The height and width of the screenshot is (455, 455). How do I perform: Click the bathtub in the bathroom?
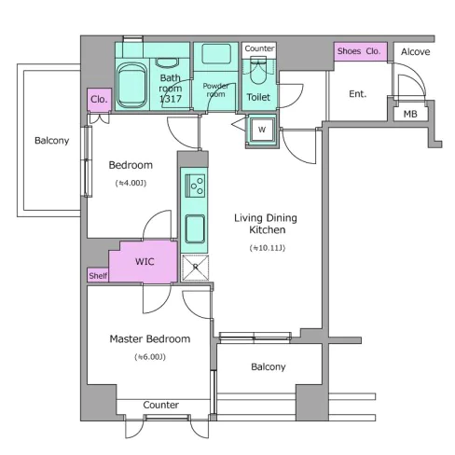click(x=131, y=86)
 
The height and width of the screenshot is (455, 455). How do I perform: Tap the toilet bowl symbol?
click(x=258, y=70)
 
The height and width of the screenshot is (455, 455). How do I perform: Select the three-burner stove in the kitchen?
click(x=195, y=186)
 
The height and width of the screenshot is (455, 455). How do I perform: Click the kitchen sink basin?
click(x=195, y=228)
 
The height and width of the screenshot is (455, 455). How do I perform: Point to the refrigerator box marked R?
click(x=195, y=268)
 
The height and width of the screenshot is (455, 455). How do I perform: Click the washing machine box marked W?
click(x=262, y=130)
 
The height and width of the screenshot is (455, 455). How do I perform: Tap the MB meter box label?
click(x=410, y=114)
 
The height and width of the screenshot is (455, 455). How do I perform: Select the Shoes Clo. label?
click(x=359, y=51)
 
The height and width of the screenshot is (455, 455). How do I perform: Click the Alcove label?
click(x=416, y=51)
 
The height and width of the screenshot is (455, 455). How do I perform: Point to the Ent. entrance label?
click(x=358, y=93)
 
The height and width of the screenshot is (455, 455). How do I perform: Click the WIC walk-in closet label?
click(x=145, y=261)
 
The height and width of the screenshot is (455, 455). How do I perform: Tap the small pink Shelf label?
click(x=98, y=276)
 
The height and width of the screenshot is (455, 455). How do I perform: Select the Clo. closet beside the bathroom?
click(x=99, y=100)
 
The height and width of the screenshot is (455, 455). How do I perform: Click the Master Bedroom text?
click(x=150, y=338)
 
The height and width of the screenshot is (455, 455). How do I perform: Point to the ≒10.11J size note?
click(x=268, y=248)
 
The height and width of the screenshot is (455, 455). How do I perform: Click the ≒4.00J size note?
click(x=131, y=183)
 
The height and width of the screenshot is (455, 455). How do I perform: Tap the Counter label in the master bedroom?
click(x=161, y=405)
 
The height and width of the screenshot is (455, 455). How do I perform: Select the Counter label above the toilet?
click(x=259, y=48)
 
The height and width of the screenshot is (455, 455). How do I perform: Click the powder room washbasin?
click(x=216, y=54)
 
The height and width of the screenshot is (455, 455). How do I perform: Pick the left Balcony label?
click(x=52, y=141)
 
